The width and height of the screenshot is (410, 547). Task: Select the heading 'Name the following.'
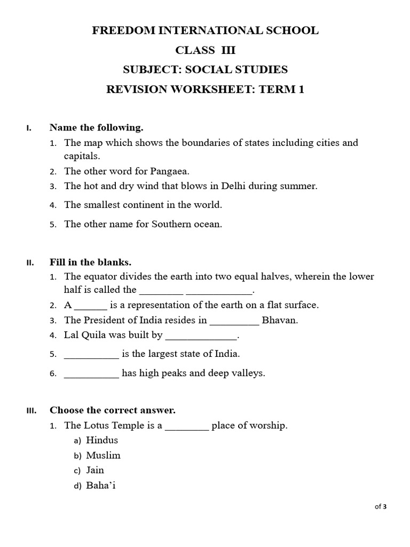tap(97, 128)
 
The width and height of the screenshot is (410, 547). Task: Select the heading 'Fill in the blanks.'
tap(90, 262)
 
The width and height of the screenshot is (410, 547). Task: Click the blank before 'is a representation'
tap(91, 306)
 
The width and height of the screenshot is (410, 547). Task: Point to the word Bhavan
tap(280, 321)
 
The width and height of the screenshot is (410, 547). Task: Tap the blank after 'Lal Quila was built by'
tap(201, 337)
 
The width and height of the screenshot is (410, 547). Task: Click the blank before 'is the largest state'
tap(91, 355)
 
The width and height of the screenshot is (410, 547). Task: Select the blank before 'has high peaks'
tap(91, 374)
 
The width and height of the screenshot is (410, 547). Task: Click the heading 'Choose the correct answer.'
tap(113, 410)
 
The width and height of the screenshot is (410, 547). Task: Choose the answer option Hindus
tap(102, 440)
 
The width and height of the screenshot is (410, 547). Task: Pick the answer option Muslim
tap(103, 455)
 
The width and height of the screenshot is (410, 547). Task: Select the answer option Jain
tap(95, 470)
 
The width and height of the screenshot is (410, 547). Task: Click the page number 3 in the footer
tap(384, 507)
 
